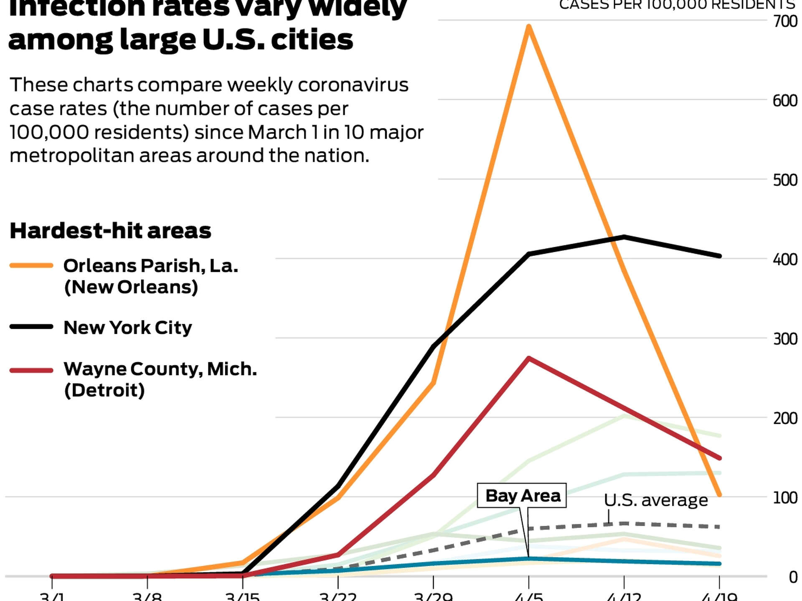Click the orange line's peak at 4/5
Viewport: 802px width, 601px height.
click(529, 27)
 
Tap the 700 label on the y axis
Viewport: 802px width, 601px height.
click(785, 21)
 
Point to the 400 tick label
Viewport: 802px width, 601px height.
click(785, 259)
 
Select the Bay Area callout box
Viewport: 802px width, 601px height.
click(522, 496)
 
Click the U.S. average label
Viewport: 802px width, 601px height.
click(656, 500)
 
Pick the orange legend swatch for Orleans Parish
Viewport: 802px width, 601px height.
click(31, 265)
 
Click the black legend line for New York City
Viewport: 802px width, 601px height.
click(31, 327)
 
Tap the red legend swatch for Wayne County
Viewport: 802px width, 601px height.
click(31, 370)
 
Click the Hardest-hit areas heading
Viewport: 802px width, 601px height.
click(110, 231)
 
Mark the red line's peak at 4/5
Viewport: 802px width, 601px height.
click(529, 358)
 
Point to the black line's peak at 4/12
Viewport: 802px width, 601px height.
click(624, 237)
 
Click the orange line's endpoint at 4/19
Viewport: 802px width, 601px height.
click(719, 495)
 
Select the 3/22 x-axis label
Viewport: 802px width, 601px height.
click(338, 596)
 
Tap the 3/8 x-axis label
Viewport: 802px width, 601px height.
click(147, 596)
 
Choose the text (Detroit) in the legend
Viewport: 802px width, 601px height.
click(104, 390)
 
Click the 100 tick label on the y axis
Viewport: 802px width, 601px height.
click(785, 497)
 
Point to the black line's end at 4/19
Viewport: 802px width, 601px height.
click(719, 256)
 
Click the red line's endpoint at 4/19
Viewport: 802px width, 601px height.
click(719, 458)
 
